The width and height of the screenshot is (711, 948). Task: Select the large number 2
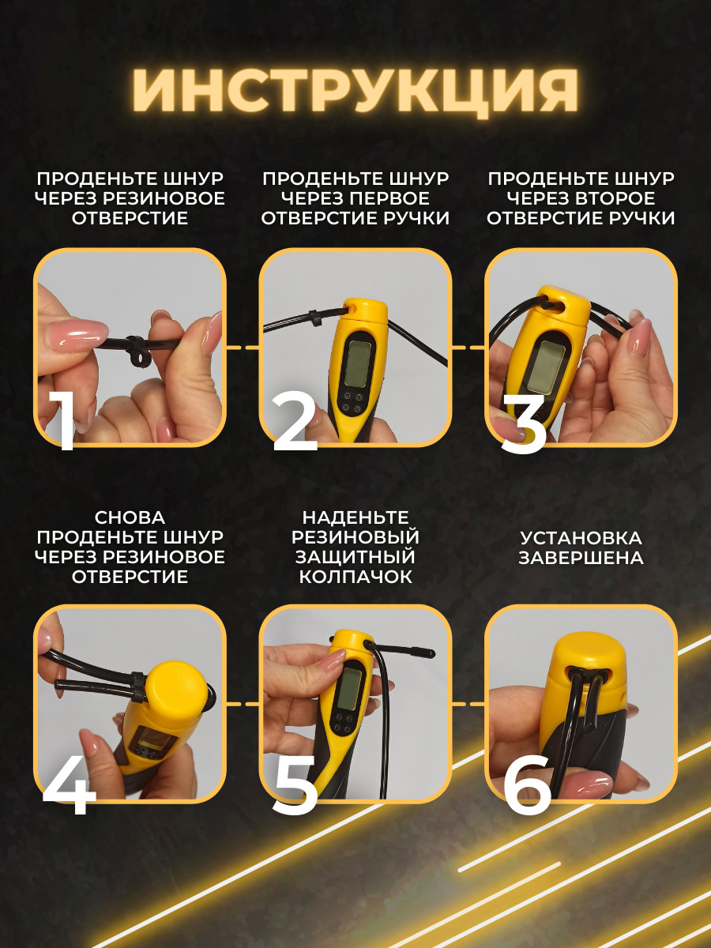coord(295,422)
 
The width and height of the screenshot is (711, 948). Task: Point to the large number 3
coord(523,423)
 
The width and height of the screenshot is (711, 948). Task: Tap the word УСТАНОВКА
coord(581,538)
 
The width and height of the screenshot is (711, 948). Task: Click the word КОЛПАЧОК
coord(355,577)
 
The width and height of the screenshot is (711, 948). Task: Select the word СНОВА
coord(130,517)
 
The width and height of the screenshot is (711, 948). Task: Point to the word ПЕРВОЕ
coord(389,198)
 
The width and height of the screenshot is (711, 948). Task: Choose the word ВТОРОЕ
coord(615,198)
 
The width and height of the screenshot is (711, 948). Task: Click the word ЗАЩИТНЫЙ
coord(355,557)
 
